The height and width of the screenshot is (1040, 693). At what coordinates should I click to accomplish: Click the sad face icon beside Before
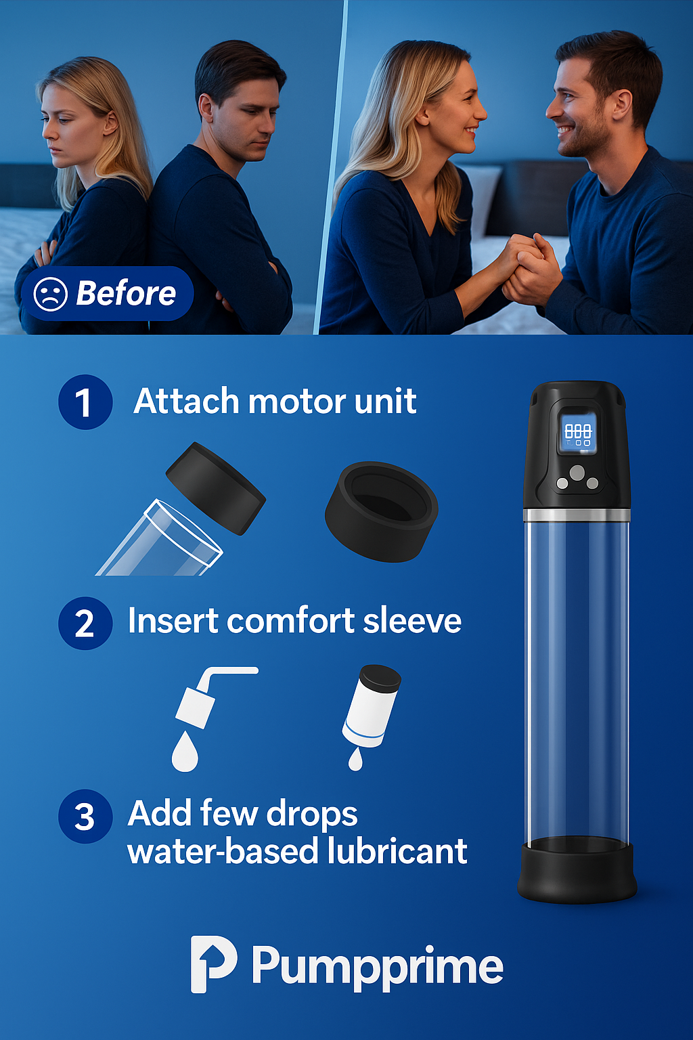coord(51,294)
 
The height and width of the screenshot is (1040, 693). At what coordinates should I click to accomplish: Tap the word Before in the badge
coord(126,293)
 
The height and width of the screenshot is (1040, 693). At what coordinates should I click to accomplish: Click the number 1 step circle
coord(85,402)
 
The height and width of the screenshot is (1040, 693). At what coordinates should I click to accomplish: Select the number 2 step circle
coord(85,623)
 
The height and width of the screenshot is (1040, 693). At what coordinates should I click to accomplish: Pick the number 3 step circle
coord(85,816)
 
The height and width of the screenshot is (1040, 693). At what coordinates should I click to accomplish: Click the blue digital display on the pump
coord(577,433)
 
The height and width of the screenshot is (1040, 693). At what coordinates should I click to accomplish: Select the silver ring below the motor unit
coord(577,515)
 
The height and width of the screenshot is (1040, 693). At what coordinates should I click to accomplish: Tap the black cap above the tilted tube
coord(216,488)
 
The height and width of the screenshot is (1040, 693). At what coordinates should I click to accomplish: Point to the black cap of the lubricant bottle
coord(380,678)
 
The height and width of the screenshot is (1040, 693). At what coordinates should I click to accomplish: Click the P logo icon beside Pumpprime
coord(213,964)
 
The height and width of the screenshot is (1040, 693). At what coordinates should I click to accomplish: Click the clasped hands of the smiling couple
coord(532,266)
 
